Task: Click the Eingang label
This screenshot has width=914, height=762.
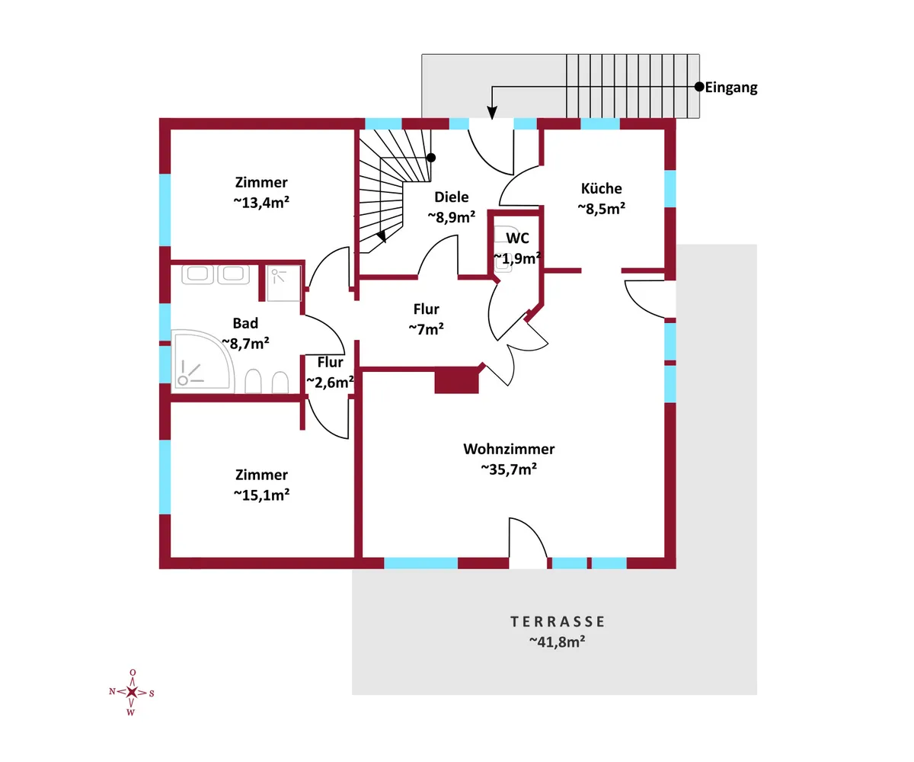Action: pos(731,88)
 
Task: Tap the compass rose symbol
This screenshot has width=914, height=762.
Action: pos(132,692)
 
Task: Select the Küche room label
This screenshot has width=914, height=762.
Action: pos(602,188)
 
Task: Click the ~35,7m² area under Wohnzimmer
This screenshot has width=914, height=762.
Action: pos(509,469)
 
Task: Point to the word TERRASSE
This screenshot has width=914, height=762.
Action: pos(558,622)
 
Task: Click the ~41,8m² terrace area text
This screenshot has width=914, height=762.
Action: pos(557,642)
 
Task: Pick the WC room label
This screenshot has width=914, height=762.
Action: pos(517,239)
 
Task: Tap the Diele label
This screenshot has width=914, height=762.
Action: pos(451,197)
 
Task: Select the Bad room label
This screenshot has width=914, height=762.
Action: pos(245,324)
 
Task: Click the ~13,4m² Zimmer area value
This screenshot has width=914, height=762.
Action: pos(261,202)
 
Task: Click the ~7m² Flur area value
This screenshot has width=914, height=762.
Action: pos(427,329)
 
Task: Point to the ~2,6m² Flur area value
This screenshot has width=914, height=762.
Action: pos(330,382)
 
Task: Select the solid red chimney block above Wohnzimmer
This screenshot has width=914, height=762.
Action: pos(456,381)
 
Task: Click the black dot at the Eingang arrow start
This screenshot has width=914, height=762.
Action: pos(698,87)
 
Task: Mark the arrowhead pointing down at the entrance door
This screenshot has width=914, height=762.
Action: pos(492,115)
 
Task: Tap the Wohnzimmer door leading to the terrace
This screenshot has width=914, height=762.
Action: pos(528,543)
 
